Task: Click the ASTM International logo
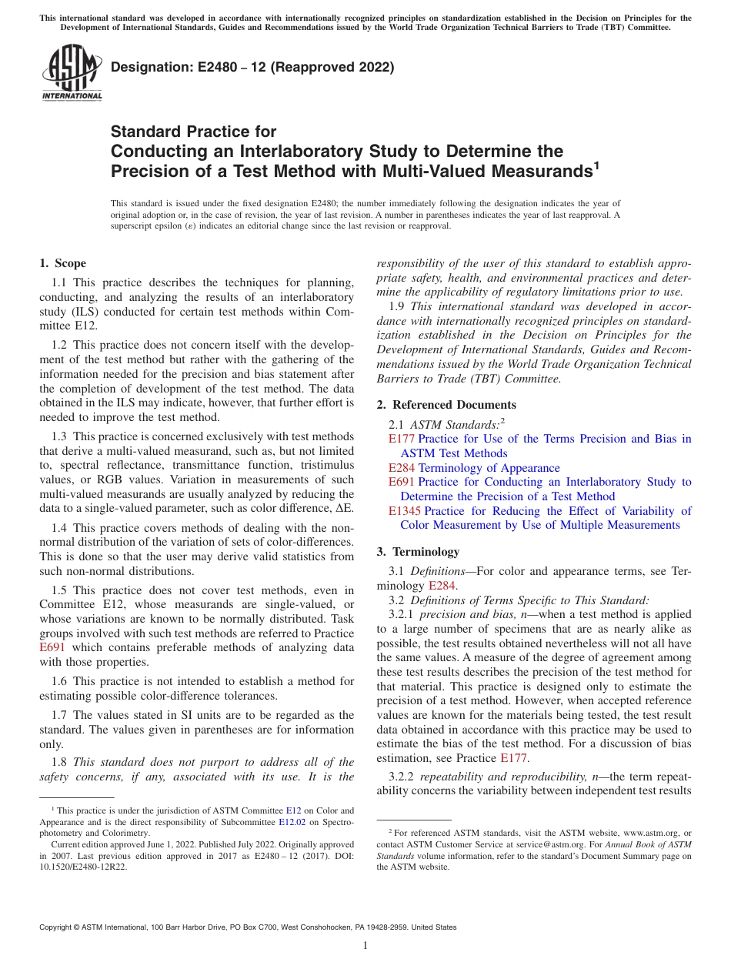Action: click(72, 73)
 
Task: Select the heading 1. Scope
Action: click(62, 263)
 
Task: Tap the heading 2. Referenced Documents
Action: click(446, 405)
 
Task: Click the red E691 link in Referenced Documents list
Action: click(402, 482)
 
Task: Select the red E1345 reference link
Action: click(405, 511)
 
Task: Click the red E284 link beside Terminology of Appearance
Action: click(402, 468)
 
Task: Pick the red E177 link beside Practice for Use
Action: click(402, 439)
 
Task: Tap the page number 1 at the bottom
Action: click(365, 946)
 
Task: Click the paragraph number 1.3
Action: click(60, 436)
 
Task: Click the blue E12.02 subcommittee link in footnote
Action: click(292, 821)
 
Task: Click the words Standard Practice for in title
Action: click(193, 132)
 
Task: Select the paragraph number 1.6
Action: click(60, 681)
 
